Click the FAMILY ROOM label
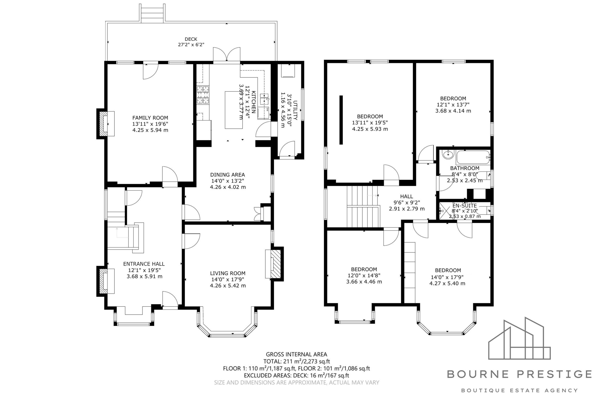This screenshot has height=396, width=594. point(150,118)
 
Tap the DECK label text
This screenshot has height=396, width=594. point(191,39)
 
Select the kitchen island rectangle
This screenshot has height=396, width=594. point(234,110)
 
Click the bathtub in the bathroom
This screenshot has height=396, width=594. point(473,158)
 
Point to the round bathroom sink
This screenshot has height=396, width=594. point(448,154)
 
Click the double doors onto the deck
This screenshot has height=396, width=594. point(226,54)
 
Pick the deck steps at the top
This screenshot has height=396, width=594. point(153,13)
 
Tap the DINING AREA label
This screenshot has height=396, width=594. point(228,175)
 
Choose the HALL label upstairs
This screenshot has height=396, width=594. point(407,196)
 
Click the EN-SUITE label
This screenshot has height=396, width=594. point(465,206)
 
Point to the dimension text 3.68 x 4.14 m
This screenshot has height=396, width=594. point(453,111)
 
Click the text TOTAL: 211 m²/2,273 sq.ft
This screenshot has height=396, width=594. point(297,361)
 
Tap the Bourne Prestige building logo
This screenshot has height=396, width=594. point(519,338)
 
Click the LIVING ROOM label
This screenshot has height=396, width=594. point(228,273)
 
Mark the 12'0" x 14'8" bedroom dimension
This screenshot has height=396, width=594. point(364,276)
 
